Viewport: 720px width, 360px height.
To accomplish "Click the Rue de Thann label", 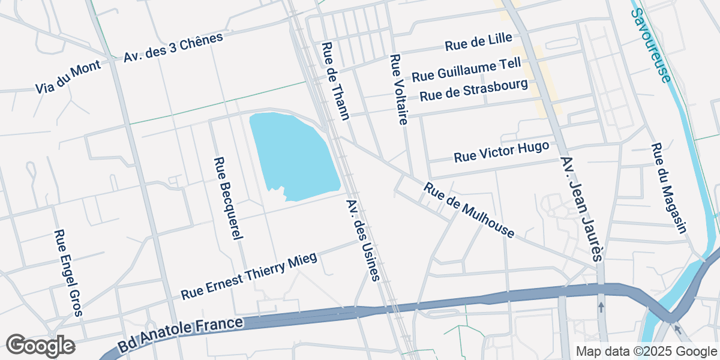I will click(x=335, y=81).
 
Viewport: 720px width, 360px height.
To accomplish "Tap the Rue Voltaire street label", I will click(x=398, y=89).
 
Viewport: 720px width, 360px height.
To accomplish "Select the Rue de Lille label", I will click(x=478, y=42).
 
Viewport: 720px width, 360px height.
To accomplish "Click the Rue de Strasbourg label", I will click(x=473, y=91).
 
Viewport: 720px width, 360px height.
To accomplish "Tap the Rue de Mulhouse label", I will click(x=469, y=211).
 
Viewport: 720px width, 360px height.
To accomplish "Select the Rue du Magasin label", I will click(x=668, y=188).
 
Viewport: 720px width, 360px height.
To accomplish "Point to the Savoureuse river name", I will click(x=651, y=46).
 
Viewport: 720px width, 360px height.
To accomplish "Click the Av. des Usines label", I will click(x=364, y=238).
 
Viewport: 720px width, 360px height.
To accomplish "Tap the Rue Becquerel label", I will click(x=228, y=198).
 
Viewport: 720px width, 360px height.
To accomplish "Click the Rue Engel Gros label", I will click(x=67, y=272).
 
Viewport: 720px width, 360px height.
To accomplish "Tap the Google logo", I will click(x=40, y=346).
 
